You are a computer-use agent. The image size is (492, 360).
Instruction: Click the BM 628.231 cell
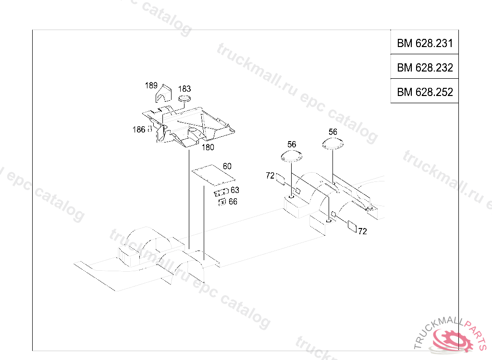425,43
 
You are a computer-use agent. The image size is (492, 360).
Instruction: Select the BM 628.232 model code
425,67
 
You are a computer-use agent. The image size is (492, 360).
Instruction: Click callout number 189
151,85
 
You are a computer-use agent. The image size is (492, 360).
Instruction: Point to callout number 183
184,89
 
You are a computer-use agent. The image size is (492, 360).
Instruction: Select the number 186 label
139,130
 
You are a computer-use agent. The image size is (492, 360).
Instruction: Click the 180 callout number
208,147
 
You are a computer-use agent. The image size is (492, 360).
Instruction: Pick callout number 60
227,166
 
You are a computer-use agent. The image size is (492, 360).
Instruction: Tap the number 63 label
234,190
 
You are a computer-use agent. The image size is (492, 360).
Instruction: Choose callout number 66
233,202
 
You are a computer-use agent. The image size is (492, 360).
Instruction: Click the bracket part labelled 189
164,94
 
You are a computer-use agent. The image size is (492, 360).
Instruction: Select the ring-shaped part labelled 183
184,98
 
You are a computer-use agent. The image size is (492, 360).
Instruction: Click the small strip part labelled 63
221,192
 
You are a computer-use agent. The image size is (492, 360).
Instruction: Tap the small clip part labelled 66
222,202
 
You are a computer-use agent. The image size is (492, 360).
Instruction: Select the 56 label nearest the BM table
333,132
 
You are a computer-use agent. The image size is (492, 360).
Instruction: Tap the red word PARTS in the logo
477,333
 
